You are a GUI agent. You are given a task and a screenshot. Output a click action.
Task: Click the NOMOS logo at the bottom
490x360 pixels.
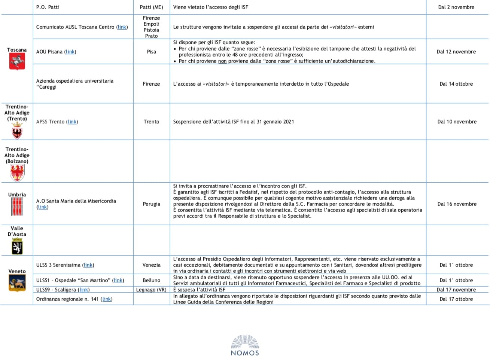(x=245, y=345)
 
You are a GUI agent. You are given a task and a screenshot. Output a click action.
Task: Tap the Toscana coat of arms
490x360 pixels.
(x=17, y=61)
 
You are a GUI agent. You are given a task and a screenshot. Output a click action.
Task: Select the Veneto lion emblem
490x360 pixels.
(x=17, y=283)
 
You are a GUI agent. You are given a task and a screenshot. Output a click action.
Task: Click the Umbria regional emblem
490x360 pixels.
(x=17, y=207)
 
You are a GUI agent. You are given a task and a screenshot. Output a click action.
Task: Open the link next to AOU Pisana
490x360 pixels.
(x=70, y=52)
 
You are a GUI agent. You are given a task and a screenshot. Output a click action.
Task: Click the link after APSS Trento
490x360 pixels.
(x=72, y=122)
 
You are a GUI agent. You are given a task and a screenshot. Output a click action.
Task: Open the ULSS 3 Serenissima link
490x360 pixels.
(x=88, y=265)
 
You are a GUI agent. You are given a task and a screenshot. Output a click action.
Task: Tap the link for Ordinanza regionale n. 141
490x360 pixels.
(x=107, y=299)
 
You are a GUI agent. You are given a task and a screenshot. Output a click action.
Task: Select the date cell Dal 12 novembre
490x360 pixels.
(x=456, y=52)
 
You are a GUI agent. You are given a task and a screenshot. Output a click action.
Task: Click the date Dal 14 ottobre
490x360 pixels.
(x=456, y=84)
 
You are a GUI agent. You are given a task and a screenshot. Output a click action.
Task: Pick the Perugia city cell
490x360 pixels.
(x=151, y=204)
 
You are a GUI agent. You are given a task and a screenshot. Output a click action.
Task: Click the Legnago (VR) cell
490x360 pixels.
(x=151, y=290)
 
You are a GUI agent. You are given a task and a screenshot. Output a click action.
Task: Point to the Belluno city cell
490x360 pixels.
(x=151, y=280)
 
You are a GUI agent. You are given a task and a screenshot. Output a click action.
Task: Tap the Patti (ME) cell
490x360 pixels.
(x=151, y=7)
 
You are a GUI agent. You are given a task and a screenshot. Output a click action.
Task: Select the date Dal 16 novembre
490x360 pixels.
(x=457, y=204)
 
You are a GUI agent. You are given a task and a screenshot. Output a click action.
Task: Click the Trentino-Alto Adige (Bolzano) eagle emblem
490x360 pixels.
(x=17, y=173)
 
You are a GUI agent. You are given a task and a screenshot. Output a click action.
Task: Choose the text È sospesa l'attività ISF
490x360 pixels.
(x=199, y=290)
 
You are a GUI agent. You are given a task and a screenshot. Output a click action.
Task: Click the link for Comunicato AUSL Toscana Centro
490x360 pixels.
(x=122, y=27)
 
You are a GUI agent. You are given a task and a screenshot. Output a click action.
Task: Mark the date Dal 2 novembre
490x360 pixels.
(x=456, y=7)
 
